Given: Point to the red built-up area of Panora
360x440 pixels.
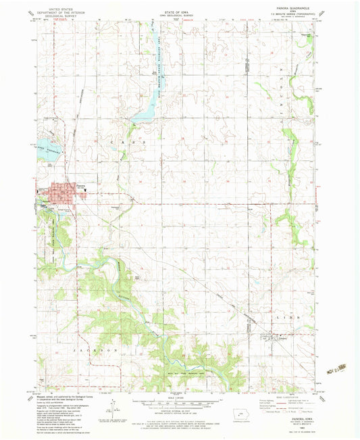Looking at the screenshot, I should pos(66,192).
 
